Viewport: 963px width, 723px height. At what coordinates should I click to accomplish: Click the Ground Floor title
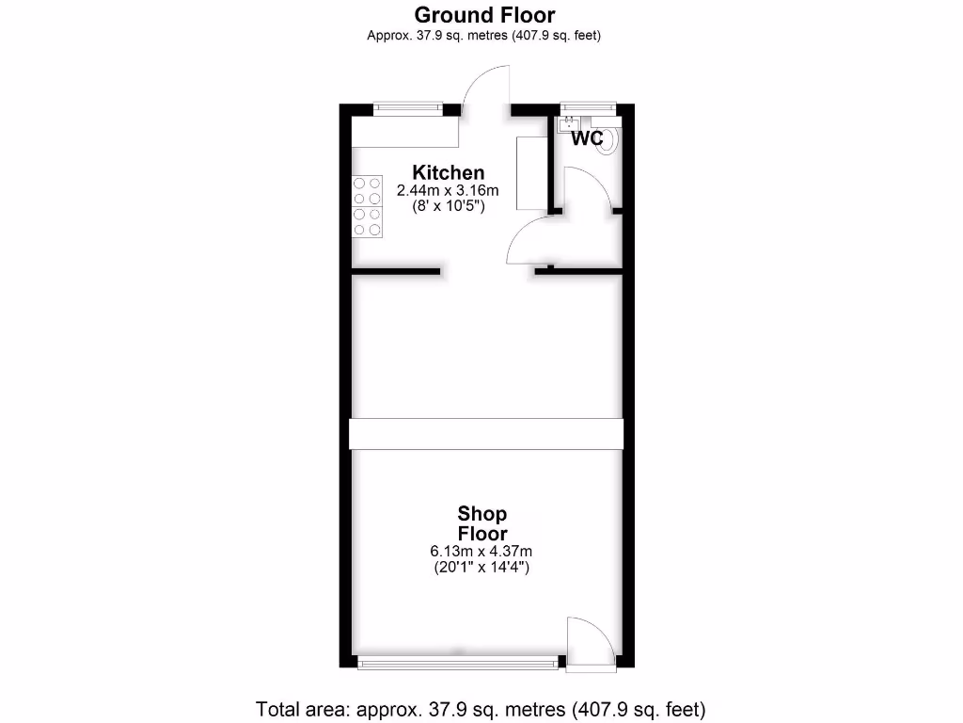[x=483, y=15]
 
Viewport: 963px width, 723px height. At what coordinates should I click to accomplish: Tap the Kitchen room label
[x=449, y=172]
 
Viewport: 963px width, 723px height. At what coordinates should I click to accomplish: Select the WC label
[x=587, y=138]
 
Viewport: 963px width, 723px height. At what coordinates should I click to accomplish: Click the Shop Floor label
[x=482, y=523]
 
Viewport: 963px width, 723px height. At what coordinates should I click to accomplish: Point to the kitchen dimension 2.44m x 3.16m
[x=448, y=190]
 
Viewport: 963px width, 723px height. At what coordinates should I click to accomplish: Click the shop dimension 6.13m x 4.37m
[x=482, y=551]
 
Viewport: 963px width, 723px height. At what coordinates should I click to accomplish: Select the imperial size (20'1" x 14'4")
[x=482, y=567]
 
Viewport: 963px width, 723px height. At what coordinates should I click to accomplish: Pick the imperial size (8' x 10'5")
[x=449, y=205]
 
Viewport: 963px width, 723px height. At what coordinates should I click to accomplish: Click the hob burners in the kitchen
[x=367, y=206]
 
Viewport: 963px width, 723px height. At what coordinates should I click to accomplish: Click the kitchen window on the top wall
[x=407, y=108]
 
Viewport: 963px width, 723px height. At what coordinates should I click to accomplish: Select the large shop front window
[x=458, y=663]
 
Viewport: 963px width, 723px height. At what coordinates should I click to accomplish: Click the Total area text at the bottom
[x=481, y=708]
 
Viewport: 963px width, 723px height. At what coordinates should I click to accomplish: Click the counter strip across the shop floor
[x=485, y=434]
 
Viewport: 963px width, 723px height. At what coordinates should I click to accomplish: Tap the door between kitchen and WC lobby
[x=529, y=240]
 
